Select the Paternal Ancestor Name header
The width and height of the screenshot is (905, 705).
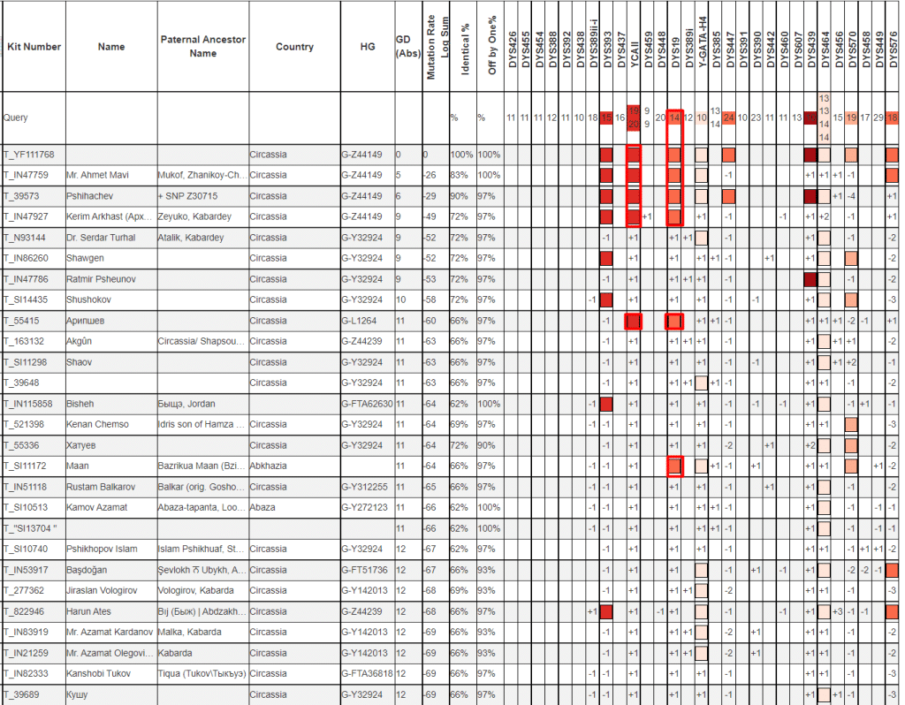tap(202, 47)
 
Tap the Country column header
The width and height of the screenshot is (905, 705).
tap(294, 47)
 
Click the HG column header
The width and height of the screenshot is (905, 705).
tap(368, 47)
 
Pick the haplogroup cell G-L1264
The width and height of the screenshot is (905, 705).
tap(361, 321)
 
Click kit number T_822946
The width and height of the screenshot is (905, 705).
tap(27, 611)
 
